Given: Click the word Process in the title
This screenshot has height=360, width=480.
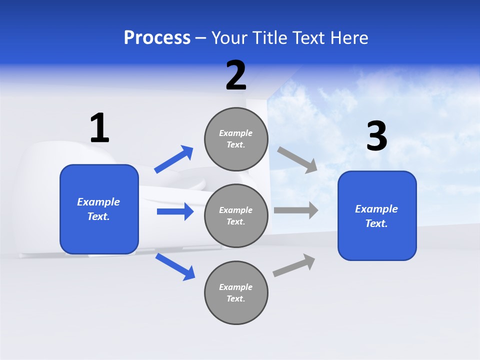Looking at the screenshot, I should tap(157, 38).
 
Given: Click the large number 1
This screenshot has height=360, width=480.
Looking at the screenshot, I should tap(99, 128).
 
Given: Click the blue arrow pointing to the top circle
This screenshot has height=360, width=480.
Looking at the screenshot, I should tap(173, 159).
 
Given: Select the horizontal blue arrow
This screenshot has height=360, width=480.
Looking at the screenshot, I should tap(175, 211).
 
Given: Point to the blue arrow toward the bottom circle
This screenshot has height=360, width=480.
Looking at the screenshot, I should tap(175, 266).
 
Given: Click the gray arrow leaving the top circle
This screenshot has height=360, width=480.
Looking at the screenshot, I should tap(297, 159).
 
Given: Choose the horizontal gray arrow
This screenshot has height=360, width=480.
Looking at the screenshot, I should tap(295, 210).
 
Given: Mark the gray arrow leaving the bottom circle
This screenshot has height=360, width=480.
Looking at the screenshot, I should tap(294, 265).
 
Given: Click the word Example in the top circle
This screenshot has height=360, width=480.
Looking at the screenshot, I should tap(236, 133).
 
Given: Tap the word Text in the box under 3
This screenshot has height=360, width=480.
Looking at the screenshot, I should tap(376, 223).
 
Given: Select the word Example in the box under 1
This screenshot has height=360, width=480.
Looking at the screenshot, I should tap(98, 202).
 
